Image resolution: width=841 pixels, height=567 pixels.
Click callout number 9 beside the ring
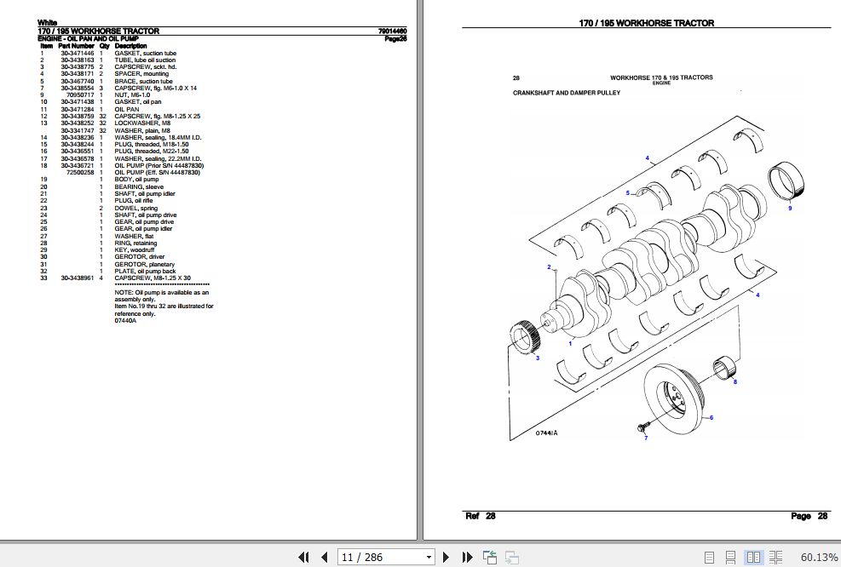(x=789, y=208)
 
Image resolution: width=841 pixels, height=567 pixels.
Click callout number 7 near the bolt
(x=645, y=438)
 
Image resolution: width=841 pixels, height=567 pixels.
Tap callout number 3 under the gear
(x=537, y=358)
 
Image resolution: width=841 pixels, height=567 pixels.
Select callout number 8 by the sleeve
(x=735, y=382)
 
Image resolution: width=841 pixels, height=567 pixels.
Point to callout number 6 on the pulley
(x=711, y=417)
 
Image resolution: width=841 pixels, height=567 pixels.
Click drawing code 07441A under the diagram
(x=546, y=433)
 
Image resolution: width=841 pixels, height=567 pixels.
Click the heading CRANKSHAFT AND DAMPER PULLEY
(x=561, y=92)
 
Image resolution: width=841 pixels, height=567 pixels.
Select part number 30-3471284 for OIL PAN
(x=77, y=109)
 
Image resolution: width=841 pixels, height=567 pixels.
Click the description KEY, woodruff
(x=134, y=249)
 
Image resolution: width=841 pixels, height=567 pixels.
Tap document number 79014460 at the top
(x=391, y=31)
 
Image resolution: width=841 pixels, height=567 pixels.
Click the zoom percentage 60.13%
(x=819, y=557)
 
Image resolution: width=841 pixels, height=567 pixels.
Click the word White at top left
(x=47, y=23)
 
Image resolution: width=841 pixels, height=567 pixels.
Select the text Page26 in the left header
(x=395, y=39)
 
